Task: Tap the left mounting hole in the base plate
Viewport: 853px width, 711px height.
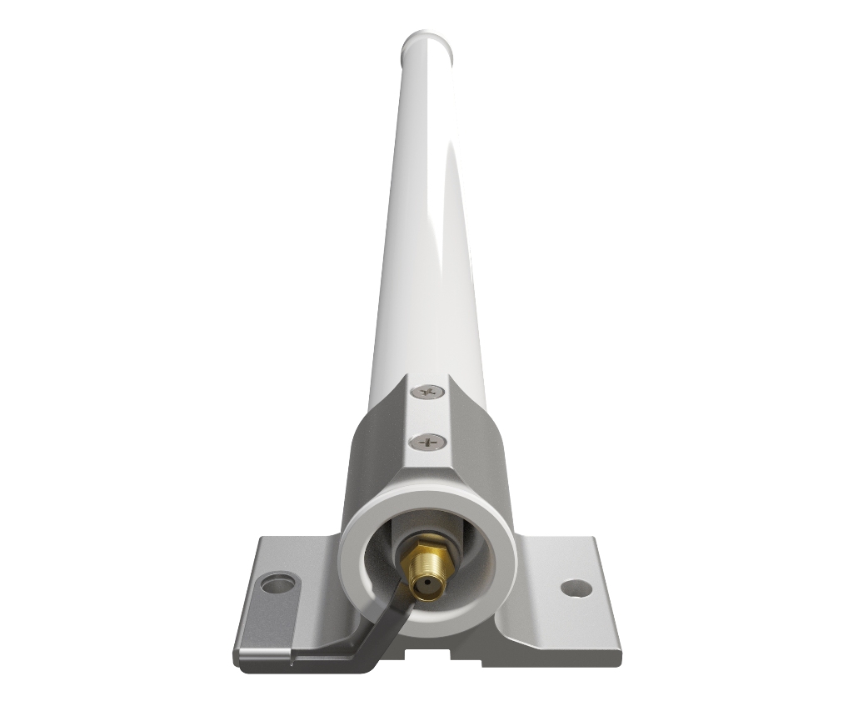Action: coord(278,582)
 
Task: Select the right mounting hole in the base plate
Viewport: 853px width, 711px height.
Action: coord(576,588)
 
